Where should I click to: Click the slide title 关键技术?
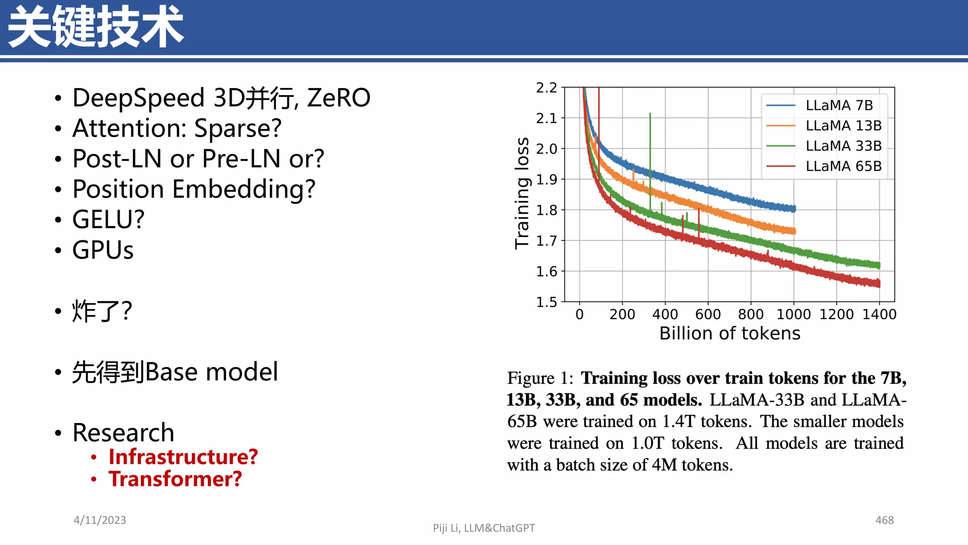[x=95, y=27]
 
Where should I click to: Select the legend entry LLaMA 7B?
[x=839, y=105]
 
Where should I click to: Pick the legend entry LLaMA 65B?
[x=843, y=166]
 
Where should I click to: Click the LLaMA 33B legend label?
[x=843, y=146]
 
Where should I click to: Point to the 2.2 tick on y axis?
[x=546, y=88]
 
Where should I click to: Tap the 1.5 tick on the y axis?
[x=546, y=302]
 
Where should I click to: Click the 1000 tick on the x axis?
[x=794, y=314]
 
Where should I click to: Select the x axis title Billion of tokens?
[x=729, y=334]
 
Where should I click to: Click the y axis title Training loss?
[x=522, y=193]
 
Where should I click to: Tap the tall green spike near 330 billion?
[x=650, y=142]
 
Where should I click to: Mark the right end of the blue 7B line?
[x=794, y=209]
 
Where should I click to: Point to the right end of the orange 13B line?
[x=794, y=231]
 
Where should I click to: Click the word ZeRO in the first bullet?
[x=338, y=98]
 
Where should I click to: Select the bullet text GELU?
[x=108, y=220]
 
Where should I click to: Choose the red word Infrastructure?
[x=183, y=457]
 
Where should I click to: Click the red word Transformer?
[x=175, y=479]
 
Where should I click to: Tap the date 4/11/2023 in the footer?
[x=100, y=520]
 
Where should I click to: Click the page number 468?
[x=884, y=520]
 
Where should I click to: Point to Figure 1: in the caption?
[x=540, y=378]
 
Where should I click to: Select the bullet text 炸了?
[x=102, y=311]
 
